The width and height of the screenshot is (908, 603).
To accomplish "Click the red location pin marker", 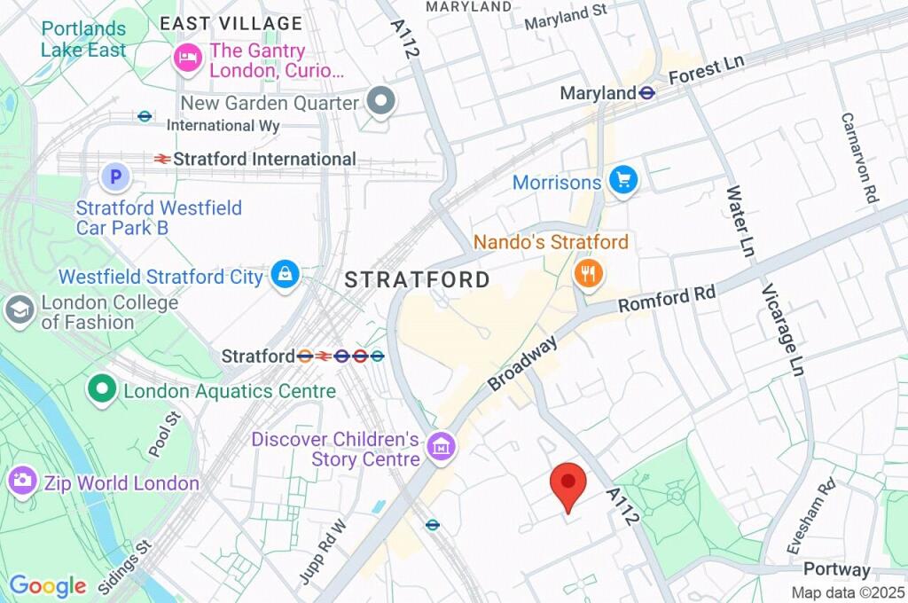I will point(568,484).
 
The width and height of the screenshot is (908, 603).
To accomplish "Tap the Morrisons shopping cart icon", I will point(623,181).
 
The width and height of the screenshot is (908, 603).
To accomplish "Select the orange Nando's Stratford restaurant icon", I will point(587,273).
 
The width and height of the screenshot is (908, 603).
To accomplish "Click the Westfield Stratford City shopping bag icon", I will point(285,275).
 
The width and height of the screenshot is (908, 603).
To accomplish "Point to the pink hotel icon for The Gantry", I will point(187,59).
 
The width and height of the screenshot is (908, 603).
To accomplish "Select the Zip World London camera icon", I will point(21,482).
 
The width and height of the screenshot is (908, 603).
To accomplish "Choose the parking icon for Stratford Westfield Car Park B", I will point(114,177).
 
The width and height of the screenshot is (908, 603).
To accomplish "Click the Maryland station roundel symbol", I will point(648,92).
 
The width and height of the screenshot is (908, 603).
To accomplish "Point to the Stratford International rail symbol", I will point(161,159).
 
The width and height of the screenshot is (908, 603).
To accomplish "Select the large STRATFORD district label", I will point(417,280).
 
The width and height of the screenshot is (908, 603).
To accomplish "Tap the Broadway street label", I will point(523,363).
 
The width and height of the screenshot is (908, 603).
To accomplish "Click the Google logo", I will point(47,585).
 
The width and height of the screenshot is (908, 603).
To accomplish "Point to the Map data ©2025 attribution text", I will point(848,592).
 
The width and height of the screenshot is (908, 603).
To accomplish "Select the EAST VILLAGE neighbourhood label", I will point(231,24).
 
